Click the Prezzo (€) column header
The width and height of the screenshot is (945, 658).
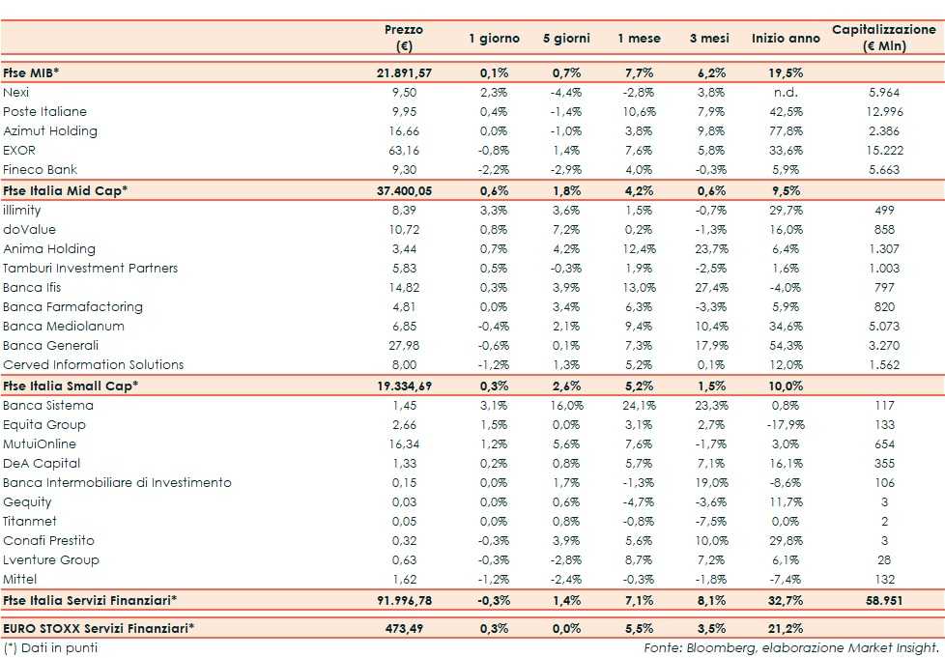[403, 38]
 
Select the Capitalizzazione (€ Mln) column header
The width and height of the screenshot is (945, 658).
[884, 38]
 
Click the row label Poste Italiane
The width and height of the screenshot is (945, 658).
[44, 111]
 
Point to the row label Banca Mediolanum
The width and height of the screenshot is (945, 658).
[64, 326]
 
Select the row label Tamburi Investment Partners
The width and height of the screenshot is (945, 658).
[90, 268]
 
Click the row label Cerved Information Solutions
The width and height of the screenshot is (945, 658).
[93, 364]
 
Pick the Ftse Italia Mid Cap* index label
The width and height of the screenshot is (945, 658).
[65, 190]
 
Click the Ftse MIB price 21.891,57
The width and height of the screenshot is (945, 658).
[404, 72]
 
